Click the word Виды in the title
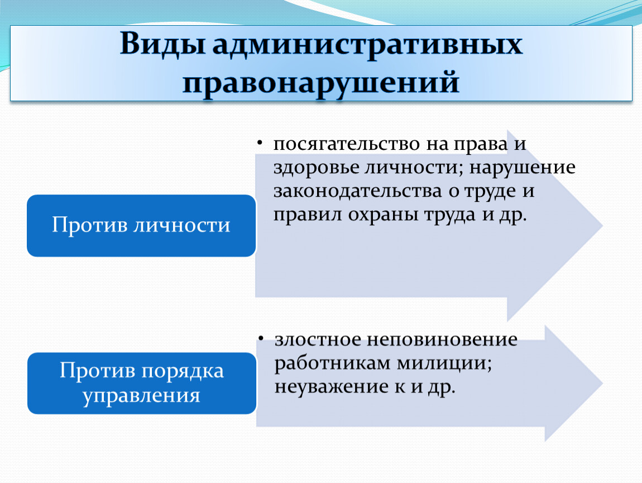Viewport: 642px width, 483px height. [x=162, y=44]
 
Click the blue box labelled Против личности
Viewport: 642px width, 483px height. [x=141, y=225]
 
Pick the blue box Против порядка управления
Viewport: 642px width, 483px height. [x=142, y=383]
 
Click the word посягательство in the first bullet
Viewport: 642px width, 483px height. [x=347, y=144]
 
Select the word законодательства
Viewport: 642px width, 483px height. [x=358, y=192]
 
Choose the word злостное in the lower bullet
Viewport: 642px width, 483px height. [x=318, y=340]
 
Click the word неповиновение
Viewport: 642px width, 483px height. [x=442, y=340]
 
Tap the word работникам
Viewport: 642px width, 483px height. [x=333, y=364]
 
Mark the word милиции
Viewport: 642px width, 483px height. [x=444, y=364]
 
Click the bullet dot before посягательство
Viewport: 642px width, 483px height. [x=259, y=143]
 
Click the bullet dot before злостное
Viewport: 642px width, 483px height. [x=260, y=338]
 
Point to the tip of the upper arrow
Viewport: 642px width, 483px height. [x=603, y=225]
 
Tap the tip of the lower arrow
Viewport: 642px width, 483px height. [x=603, y=383]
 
